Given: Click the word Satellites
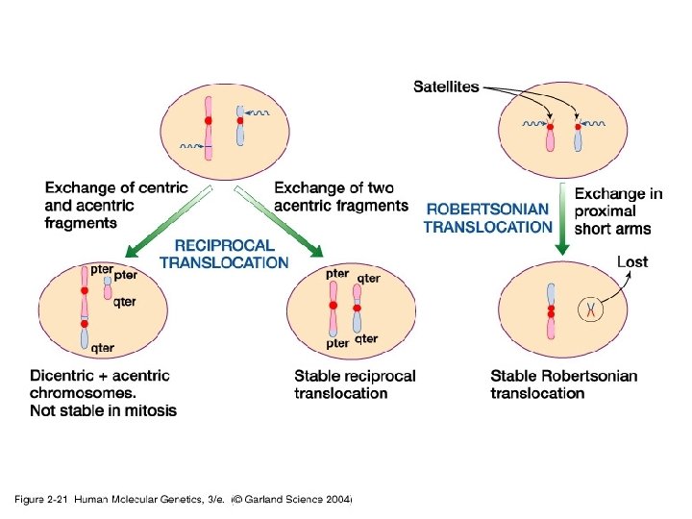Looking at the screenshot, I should point(446,87).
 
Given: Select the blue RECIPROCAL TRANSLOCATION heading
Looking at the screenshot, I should point(223,254).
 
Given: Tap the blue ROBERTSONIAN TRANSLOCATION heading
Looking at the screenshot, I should point(488,217).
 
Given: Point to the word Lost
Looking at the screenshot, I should point(631,261).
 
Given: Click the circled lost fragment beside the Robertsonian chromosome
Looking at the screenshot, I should point(592,309).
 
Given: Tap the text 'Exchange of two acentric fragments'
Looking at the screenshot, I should point(341,197).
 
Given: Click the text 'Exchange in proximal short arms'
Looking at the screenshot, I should point(619,211).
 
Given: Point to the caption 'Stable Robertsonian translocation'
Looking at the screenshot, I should point(563,384).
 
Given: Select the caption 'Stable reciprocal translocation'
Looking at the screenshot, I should point(356,384).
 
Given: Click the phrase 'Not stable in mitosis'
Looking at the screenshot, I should point(103,411).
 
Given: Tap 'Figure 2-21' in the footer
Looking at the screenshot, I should point(41,500).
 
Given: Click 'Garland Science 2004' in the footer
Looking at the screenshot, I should point(298,500).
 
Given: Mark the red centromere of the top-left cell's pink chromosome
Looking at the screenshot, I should point(208,120).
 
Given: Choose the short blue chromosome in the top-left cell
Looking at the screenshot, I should point(240,125).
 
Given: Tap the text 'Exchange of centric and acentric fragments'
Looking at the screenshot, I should point(116,205).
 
